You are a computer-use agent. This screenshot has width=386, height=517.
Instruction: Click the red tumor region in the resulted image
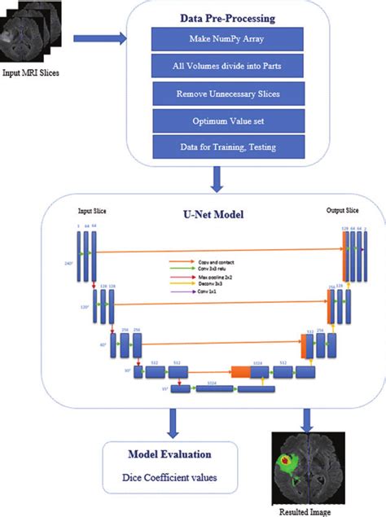pos(287,462)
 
